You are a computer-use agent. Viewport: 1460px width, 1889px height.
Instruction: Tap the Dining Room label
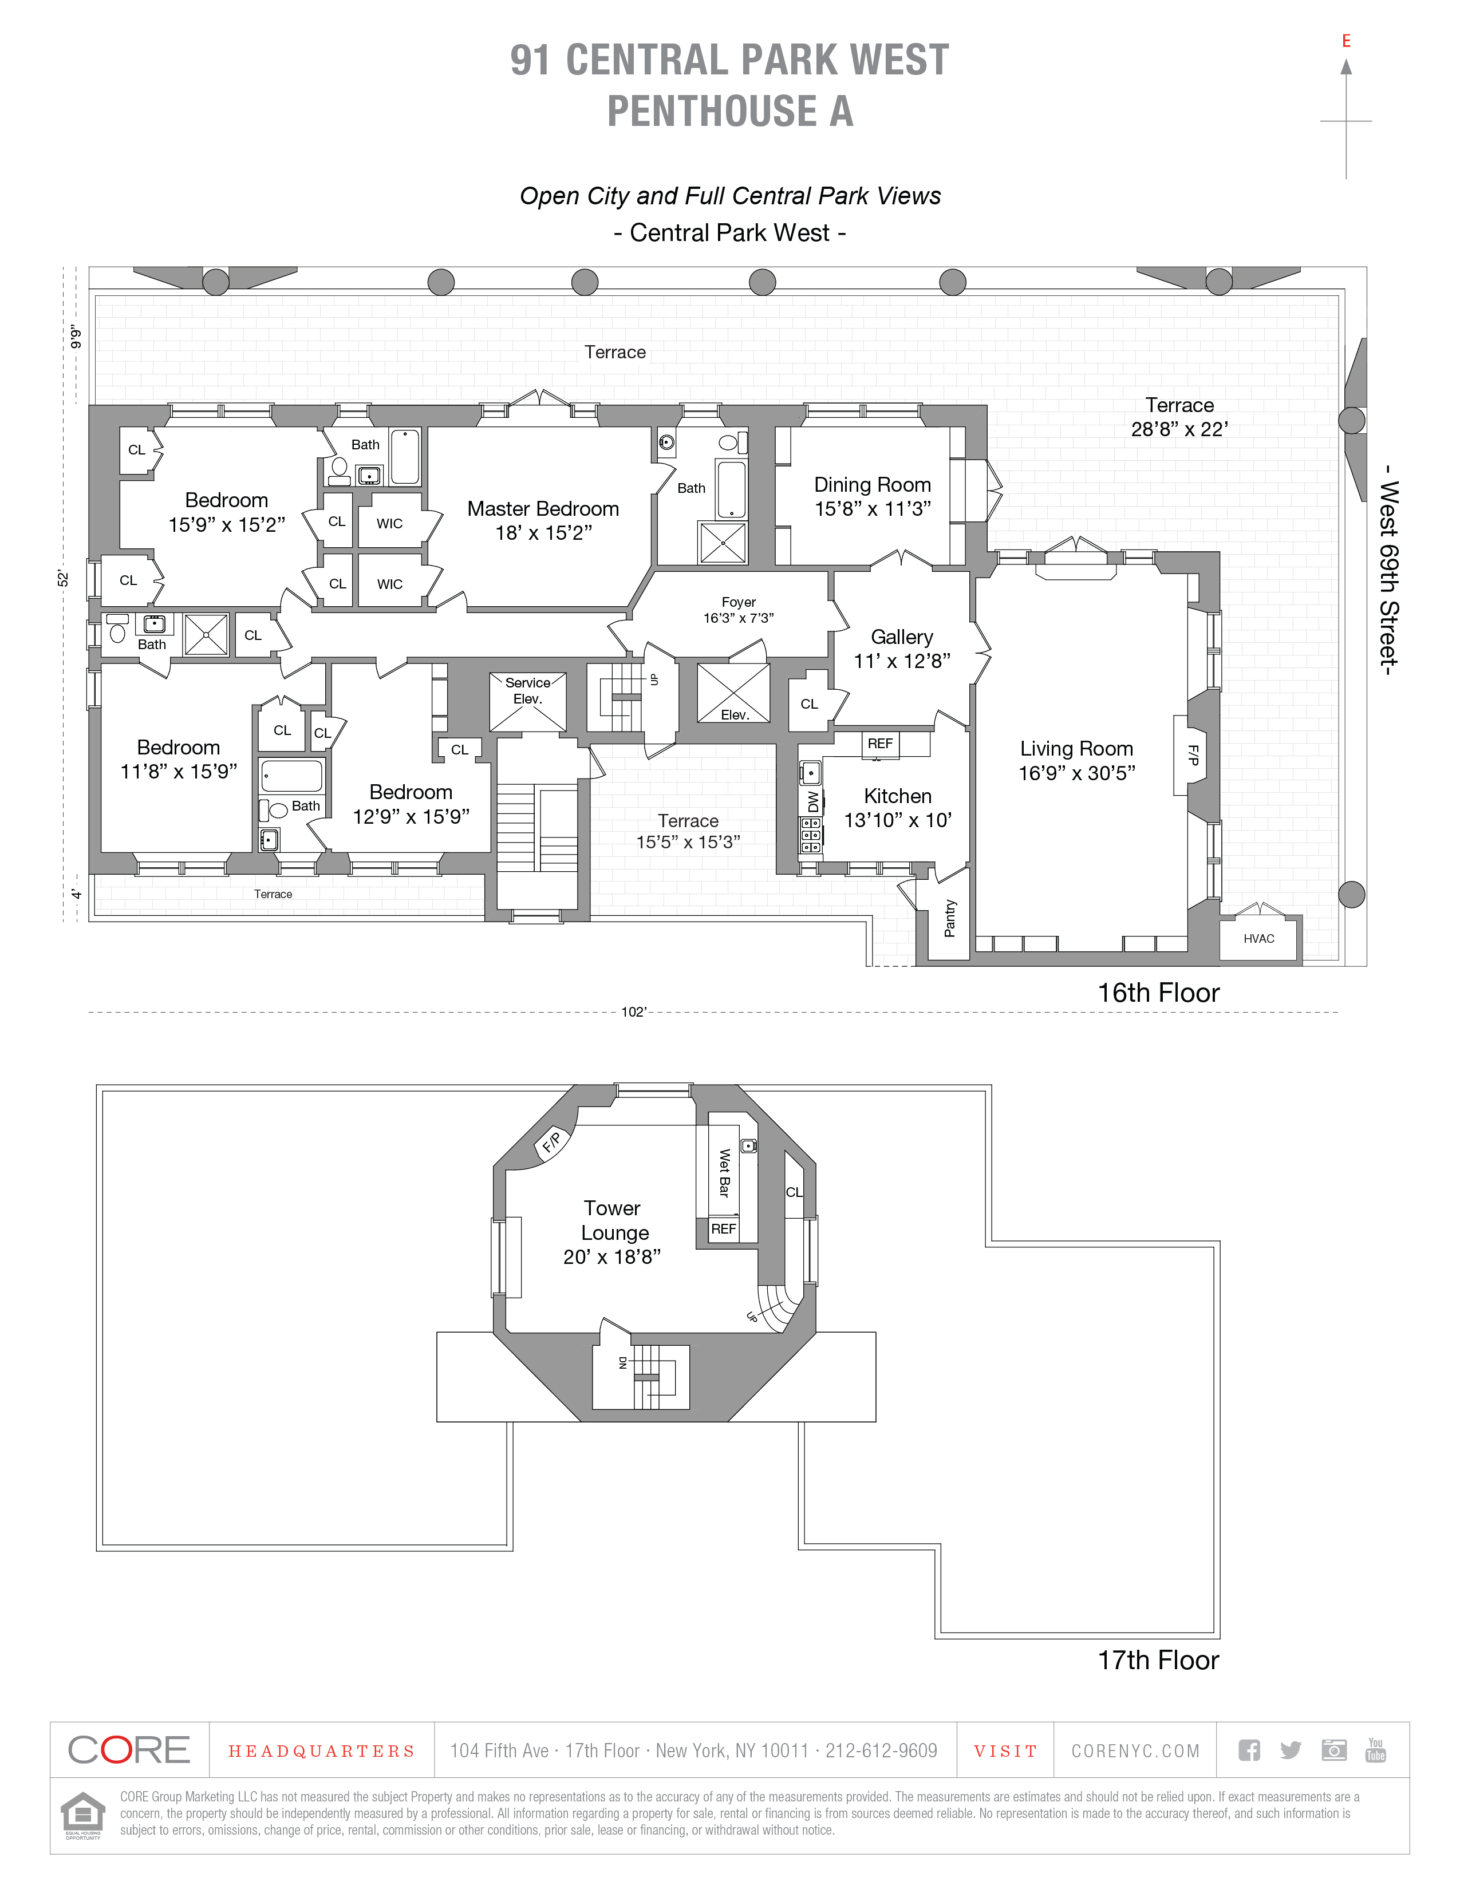point(872,485)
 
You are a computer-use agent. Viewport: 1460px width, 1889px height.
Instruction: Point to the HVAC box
point(1258,938)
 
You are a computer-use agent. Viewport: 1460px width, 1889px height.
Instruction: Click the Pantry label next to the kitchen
point(950,918)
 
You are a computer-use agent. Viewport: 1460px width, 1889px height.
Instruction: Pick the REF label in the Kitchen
point(879,744)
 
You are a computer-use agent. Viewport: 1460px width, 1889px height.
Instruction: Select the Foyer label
point(739,602)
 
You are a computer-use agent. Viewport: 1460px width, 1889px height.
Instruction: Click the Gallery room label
point(901,638)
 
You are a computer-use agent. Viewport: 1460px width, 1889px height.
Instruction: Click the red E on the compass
point(1346,41)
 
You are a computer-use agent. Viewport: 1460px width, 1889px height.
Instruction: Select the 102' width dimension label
point(633,1012)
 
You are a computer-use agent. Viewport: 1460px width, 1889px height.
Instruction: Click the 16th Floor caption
point(1158,993)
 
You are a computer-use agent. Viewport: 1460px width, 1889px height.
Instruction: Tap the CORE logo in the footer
point(129,1750)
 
